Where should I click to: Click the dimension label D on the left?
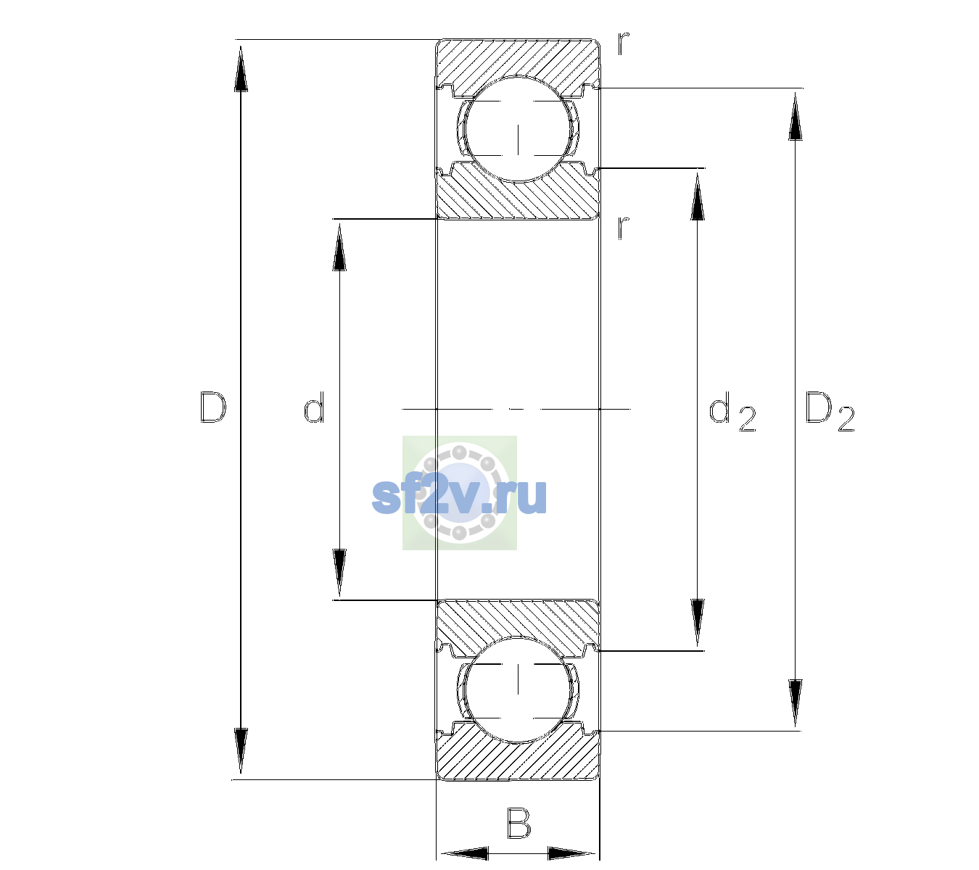pyautogui.click(x=213, y=407)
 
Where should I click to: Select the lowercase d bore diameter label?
pyautogui.click(x=314, y=407)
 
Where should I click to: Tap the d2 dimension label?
pyautogui.click(x=732, y=411)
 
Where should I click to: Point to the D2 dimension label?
pyautogui.click(x=830, y=411)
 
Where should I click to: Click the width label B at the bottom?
pyautogui.click(x=519, y=822)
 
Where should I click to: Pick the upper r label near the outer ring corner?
pyautogui.click(x=624, y=43)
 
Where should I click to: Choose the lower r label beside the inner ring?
pyautogui.click(x=624, y=228)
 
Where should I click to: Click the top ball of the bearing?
pyautogui.click(x=518, y=129)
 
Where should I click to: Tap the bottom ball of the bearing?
pyautogui.click(x=518, y=689)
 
